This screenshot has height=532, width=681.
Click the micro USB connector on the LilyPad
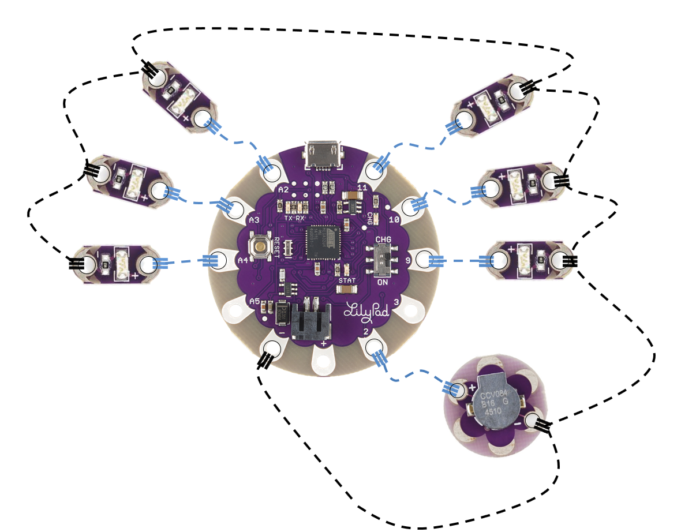[x=323, y=154]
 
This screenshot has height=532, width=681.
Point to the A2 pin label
[x=283, y=189]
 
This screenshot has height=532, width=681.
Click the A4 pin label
[x=243, y=261]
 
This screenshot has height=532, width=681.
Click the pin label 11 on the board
[x=362, y=188]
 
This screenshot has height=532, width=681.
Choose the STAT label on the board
[x=347, y=280]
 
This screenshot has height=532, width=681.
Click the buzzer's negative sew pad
[x=530, y=421]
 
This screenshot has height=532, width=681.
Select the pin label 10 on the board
[x=395, y=220]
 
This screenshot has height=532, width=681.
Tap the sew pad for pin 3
[x=411, y=312]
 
